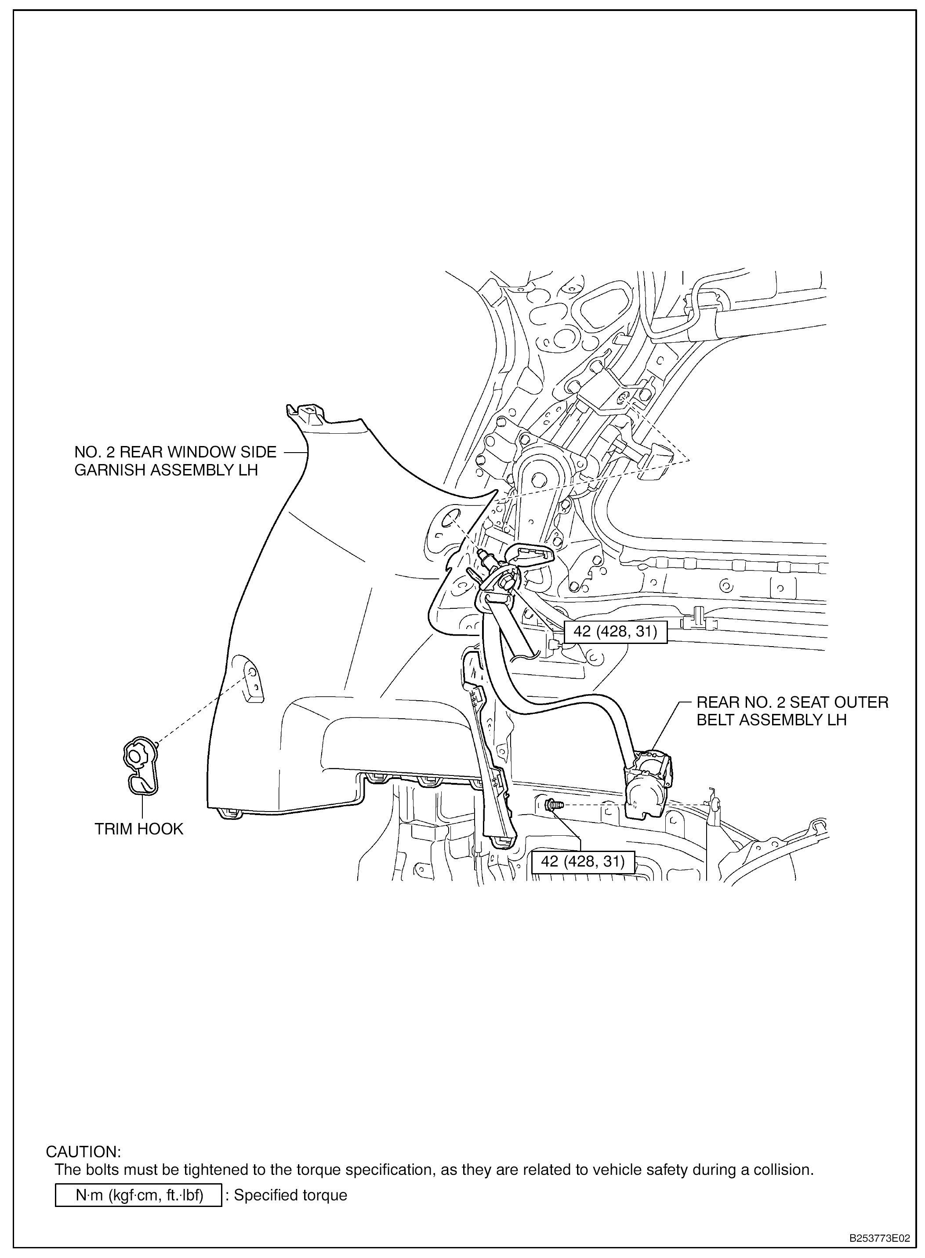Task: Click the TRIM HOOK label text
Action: tap(139, 829)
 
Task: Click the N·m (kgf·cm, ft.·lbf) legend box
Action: tap(139, 1195)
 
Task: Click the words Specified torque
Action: tap(290, 1195)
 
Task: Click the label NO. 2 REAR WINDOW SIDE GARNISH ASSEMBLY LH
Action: tap(175, 461)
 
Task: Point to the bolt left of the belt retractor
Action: tap(551, 806)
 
